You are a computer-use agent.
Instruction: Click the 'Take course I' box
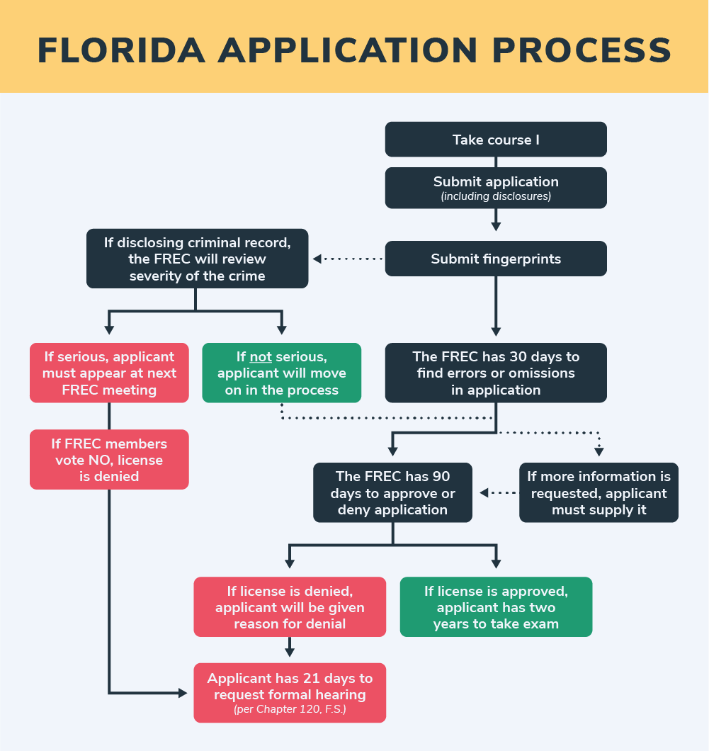(x=496, y=140)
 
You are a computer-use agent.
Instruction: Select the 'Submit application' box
(x=496, y=188)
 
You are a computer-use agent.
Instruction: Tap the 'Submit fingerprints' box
(x=496, y=259)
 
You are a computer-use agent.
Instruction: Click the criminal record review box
(x=197, y=259)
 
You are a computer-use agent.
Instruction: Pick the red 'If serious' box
(x=109, y=373)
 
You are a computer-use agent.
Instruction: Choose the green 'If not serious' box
(x=281, y=373)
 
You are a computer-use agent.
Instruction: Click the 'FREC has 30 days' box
(x=496, y=373)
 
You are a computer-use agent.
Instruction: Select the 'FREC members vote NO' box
(x=109, y=459)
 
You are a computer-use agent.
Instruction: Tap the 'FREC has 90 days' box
(x=392, y=492)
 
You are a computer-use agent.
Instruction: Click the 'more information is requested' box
(x=599, y=492)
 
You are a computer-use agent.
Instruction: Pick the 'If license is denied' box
(x=290, y=607)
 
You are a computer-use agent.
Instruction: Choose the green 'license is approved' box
(x=496, y=607)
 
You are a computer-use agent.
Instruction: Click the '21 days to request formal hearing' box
(x=290, y=693)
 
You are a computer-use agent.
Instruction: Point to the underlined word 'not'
(x=261, y=357)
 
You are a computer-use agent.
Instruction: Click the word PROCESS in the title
(x=582, y=50)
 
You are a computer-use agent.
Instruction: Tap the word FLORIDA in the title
(x=121, y=50)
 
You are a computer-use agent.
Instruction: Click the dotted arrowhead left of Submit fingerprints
(x=317, y=259)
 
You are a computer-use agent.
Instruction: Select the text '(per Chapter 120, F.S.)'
(x=290, y=709)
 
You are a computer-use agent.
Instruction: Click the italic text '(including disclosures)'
(x=496, y=196)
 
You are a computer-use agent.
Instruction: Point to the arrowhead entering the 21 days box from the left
(x=183, y=693)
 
